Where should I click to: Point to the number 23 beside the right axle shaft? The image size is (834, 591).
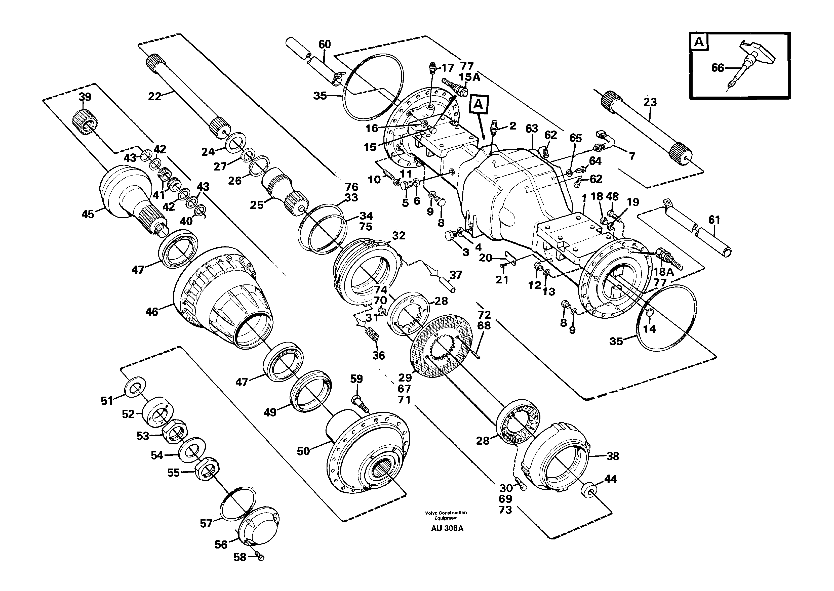click(x=650, y=102)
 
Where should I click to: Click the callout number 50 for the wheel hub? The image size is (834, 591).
click(x=303, y=451)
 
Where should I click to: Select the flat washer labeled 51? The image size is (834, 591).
click(x=135, y=386)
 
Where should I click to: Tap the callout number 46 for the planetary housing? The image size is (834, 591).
click(x=152, y=312)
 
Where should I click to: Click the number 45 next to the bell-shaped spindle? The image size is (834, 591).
click(x=88, y=214)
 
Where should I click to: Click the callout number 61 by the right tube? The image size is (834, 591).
click(x=714, y=220)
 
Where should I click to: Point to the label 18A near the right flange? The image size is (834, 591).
click(x=663, y=271)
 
